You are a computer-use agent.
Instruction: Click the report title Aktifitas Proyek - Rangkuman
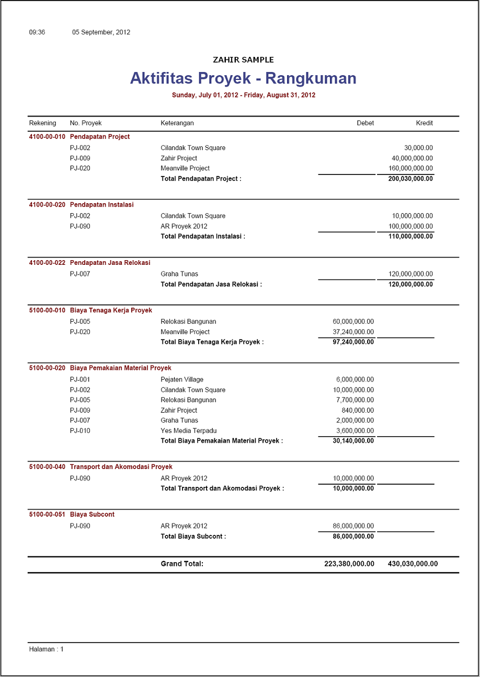243,78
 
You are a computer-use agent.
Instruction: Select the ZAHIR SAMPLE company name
243,60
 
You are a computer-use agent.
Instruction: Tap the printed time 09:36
37,32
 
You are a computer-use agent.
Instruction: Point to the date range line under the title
243,95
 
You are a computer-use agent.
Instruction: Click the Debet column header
365,123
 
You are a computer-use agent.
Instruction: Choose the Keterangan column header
177,123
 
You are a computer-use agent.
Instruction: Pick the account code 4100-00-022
47,263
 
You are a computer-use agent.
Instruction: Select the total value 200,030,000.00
410,179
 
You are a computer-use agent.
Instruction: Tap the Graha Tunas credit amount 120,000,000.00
410,274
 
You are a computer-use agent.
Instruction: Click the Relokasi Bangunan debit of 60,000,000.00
353,321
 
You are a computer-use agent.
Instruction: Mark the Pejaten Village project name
182,380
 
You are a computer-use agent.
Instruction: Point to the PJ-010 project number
80,431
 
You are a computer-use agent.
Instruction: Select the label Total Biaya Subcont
193,536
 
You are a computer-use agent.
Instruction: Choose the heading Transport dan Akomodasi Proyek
121,467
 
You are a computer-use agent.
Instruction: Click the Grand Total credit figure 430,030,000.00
413,564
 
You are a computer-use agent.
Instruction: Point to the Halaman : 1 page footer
46,649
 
